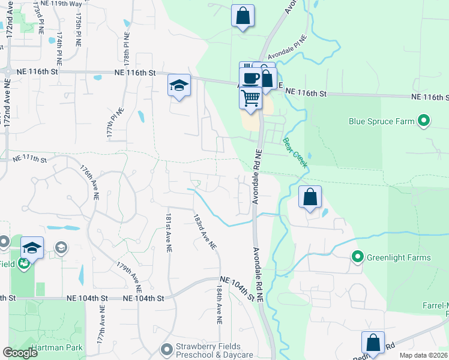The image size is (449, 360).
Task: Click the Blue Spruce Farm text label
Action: (x=382, y=121)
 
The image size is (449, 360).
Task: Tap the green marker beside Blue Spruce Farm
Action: (x=424, y=121)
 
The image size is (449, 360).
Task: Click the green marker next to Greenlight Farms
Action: (x=358, y=258)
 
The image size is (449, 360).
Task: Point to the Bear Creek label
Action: (x=295, y=153)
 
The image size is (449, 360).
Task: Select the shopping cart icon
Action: (x=250, y=97)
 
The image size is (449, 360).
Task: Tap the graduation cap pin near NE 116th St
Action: (x=179, y=85)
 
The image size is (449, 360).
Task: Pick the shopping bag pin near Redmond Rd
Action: (x=373, y=343)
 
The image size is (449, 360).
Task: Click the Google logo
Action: (x=20, y=353)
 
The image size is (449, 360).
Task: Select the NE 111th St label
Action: (x=30, y=159)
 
